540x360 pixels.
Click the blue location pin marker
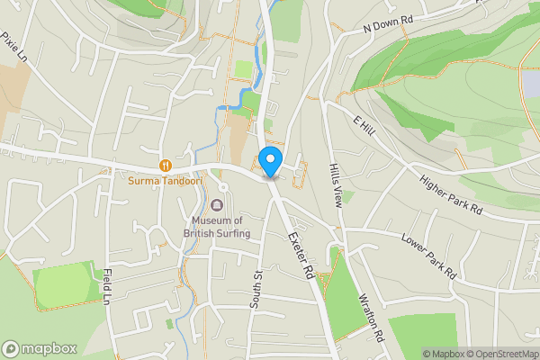[x=270, y=161]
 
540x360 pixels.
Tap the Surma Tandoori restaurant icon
[x=166, y=165]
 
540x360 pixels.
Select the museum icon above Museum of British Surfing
[x=216, y=206]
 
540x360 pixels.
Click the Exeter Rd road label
[x=300, y=253]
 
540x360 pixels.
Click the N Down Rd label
[x=386, y=24]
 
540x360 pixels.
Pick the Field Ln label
[x=108, y=288]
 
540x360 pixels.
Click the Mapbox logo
[x=39, y=348]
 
